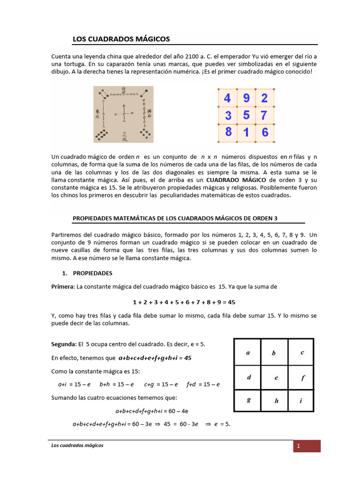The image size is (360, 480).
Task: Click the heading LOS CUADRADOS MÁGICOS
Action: (121, 39)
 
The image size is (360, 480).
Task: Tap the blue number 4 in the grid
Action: (227, 98)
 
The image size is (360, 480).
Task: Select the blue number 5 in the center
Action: (246, 115)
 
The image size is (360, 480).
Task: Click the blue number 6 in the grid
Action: (265, 133)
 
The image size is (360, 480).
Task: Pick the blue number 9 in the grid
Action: (246, 98)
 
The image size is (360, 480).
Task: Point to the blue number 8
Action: (228, 132)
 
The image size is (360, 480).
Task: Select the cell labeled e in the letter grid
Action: (274, 376)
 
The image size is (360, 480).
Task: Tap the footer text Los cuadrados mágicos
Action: (77, 445)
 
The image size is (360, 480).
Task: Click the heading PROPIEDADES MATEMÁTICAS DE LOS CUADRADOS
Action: (178, 218)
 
